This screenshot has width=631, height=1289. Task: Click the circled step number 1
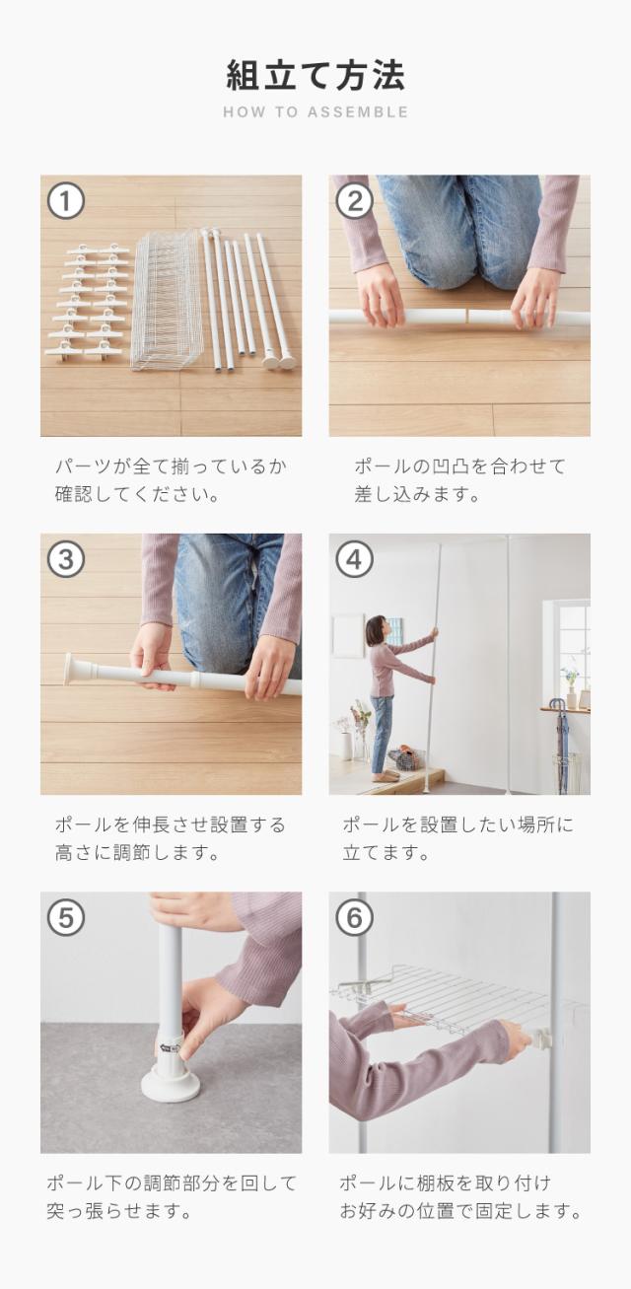(x=66, y=201)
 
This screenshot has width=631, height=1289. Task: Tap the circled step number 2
(x=354, y=201)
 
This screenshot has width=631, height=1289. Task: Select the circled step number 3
(x=66, y=559)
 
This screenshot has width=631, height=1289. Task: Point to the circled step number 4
(x=354, y=559)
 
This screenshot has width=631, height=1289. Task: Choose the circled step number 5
(x=66, y=917)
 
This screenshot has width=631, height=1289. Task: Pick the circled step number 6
(x=354, y=917)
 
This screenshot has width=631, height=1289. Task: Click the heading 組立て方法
(x=315, y=75)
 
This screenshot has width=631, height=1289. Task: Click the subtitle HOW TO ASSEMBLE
(x=315, y=112)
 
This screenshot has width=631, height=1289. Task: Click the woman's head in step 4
(x=377, y=629)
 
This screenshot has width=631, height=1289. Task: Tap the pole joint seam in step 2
(x=465, y=317)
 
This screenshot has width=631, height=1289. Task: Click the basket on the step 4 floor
(x=407, y=757)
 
